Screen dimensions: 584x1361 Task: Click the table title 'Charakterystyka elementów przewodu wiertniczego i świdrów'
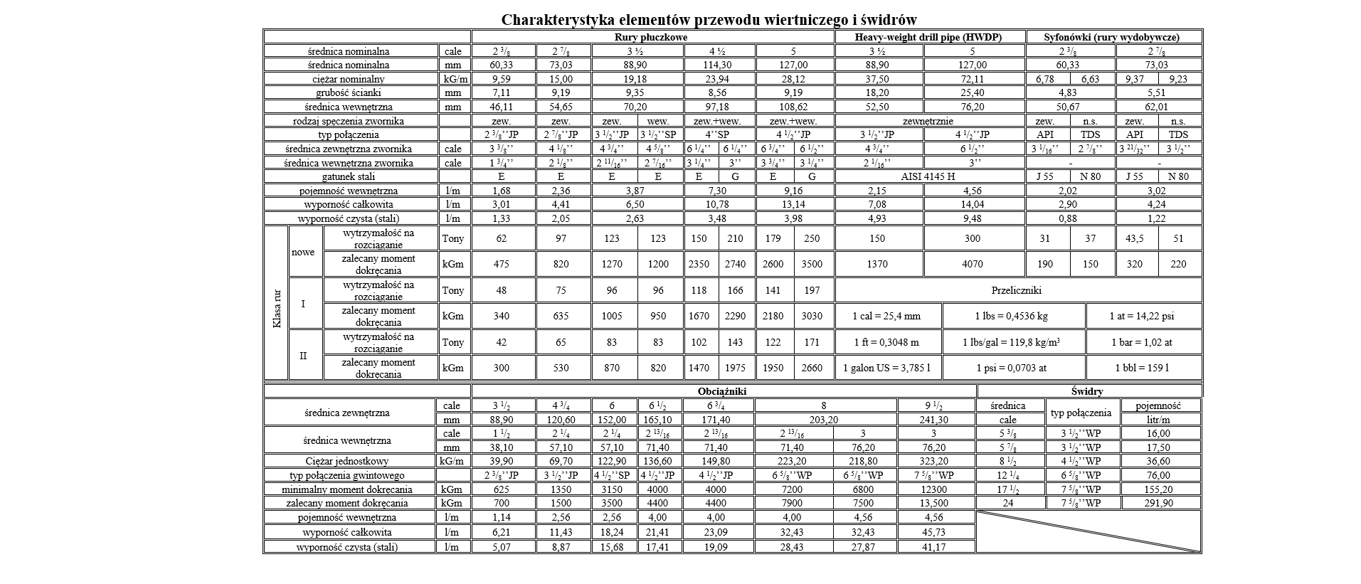tap(709, 20)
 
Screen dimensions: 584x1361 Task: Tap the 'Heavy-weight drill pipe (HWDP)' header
tap(928, 37)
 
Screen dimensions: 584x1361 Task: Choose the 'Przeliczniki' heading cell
tap(1017, 290)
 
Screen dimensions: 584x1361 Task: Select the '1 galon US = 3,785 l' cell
tap(886, 368)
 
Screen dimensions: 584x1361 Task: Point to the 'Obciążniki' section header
tap(722, 391)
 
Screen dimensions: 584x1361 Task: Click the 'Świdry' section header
tap(1087, 391)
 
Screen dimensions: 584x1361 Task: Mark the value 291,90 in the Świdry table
tap(1158, 503)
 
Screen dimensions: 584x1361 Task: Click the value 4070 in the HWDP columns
tap(972, 264)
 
